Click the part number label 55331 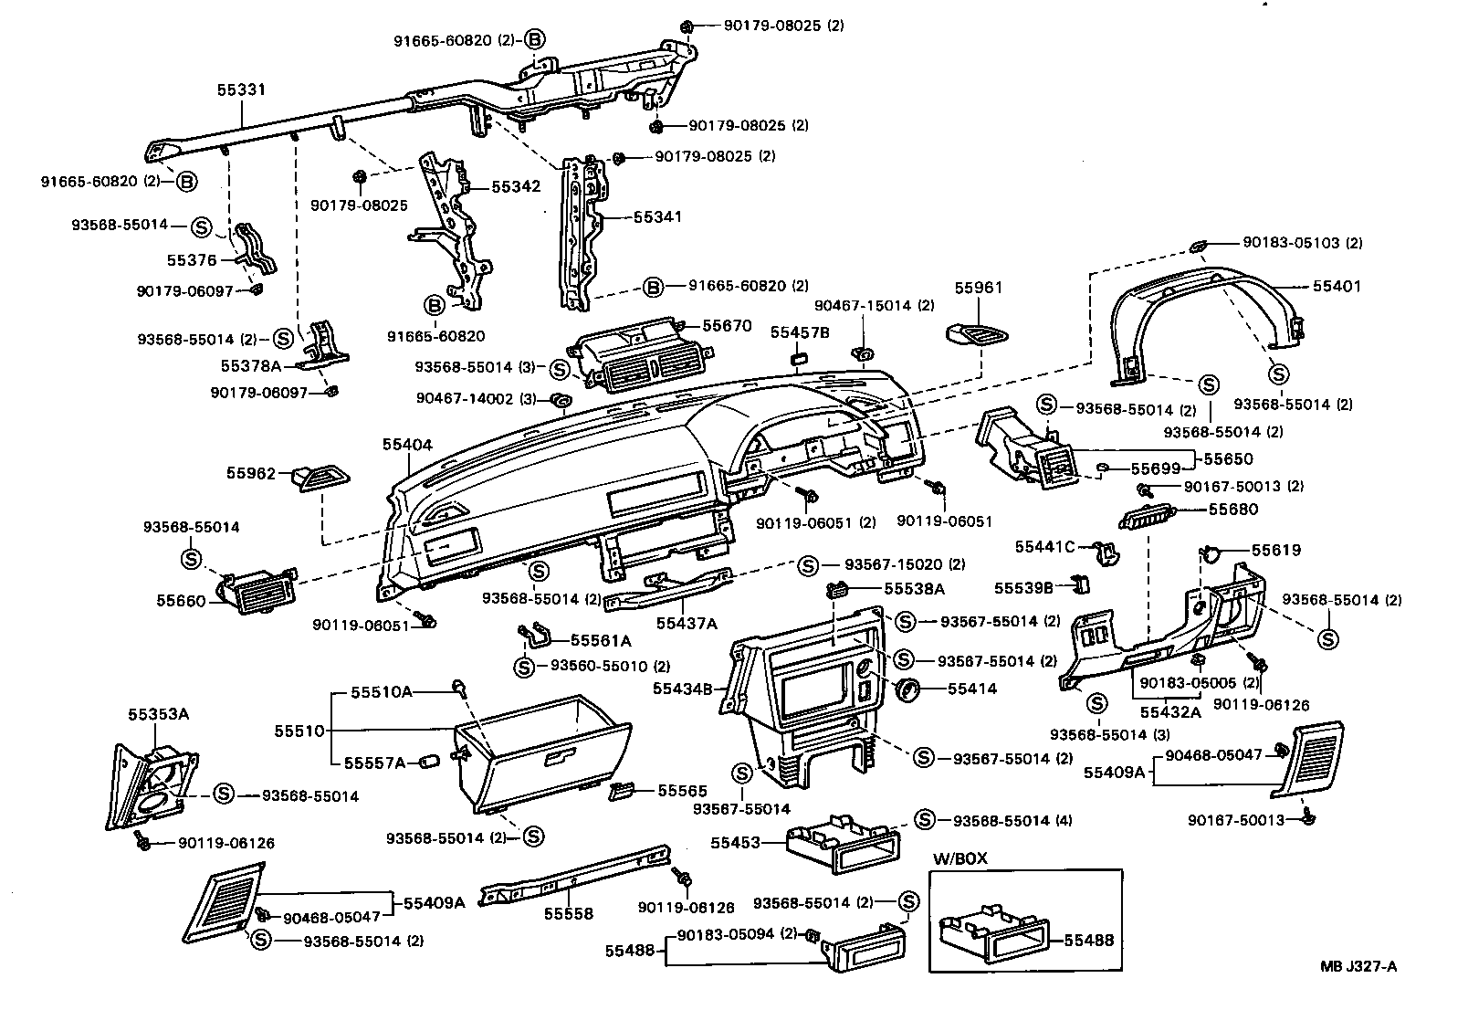pyautogui.click(x=241, y=89)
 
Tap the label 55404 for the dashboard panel pyautogui.click(x=407, y=445)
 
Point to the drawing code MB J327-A pyautogui.click(x=1358, y=967)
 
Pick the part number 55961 pyautogui.click(x=979, y=288)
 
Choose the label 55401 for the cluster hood pyautogui.click(x=1337, y=286)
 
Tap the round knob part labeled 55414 pyautogui.click(x=907, y=690)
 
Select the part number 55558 pyautogui.click(x=568, y=913)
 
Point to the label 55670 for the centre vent pyautogui.click(x=727, y=326)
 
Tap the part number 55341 pyautogui.click(x=658, y=217)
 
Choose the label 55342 pyautogui.click(x=517, y=186)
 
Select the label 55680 pyautogui.click(x=1233, y=509)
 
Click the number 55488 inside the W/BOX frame pyautogui.click(x=1090, y=940)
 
